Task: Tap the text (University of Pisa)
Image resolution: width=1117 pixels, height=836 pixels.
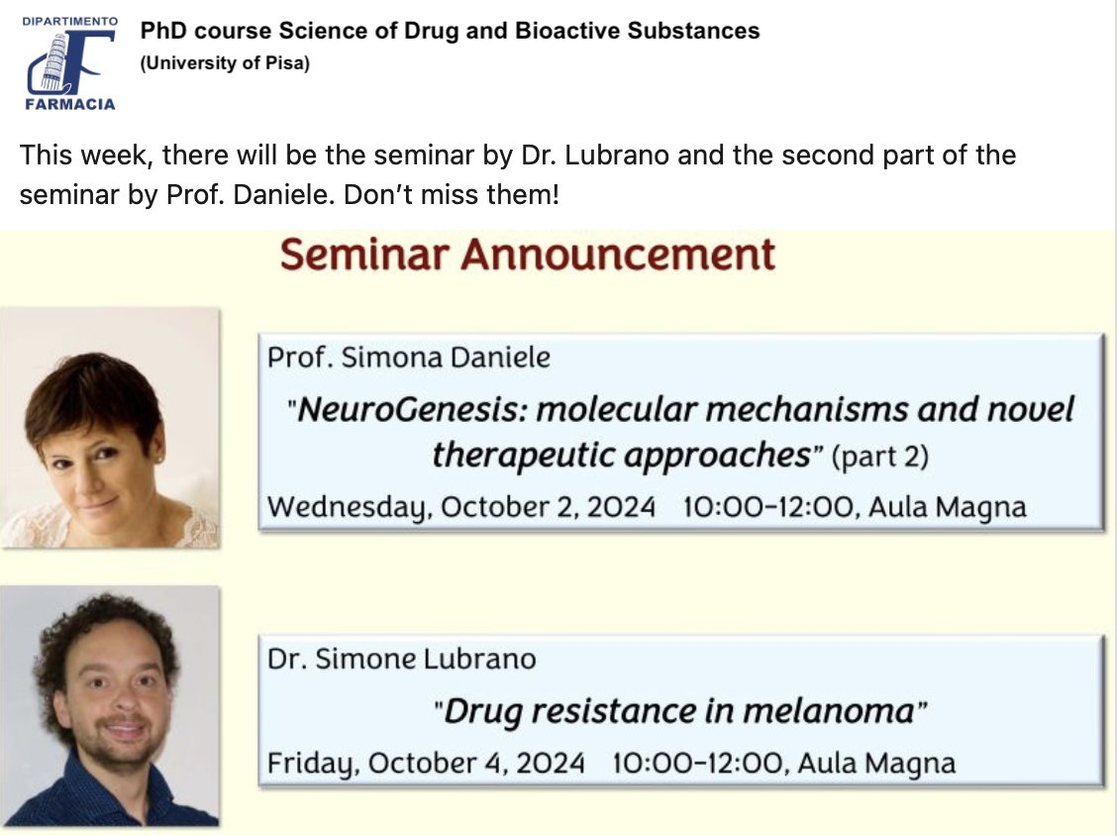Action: pyautogui.click(x=225, y=64)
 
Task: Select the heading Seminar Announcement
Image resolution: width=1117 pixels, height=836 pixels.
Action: pyautogui.click(x=527, y=255)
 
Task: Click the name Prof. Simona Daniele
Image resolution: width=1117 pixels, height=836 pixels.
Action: pyautogui.click(x=408, y=358)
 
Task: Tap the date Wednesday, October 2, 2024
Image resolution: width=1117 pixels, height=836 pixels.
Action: pyautogui.click(x=461, y=507)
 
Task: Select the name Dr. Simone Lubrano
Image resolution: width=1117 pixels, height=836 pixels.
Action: pyautogui.click(x=401, y=659)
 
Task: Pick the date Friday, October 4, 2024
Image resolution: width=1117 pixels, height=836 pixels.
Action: pyautogui.click(x=426, y=764)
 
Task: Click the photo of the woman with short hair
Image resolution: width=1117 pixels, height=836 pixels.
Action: pyautogui.click(x=109, y=428)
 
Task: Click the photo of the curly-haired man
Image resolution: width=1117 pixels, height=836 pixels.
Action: pyautogui.click(x=109, y=705)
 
